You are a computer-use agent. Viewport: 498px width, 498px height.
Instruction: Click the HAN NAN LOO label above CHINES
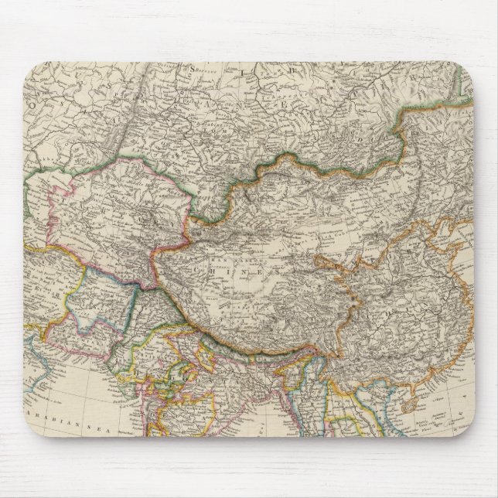[232, 254]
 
